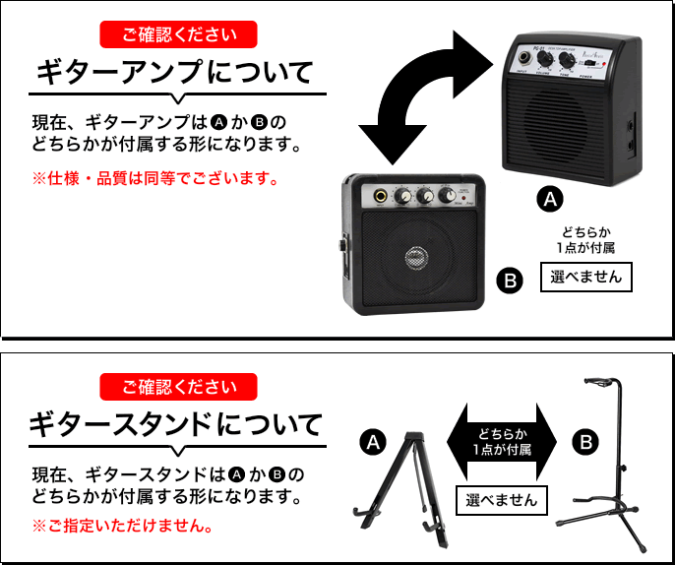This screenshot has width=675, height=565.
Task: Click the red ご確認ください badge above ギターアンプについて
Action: coord(178,35)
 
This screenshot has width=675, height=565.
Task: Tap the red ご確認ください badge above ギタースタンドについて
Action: coord(178,386)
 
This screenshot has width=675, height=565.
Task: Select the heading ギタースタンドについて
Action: coord(174,425)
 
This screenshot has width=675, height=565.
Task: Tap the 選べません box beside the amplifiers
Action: coord(586,277)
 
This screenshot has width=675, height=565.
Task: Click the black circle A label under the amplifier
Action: coord(551,200)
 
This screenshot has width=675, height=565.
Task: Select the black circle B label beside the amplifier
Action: coord(510,282)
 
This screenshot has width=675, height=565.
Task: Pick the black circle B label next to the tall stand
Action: coord(585,442)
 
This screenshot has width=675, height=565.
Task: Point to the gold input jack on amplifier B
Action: coord(378,196)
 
